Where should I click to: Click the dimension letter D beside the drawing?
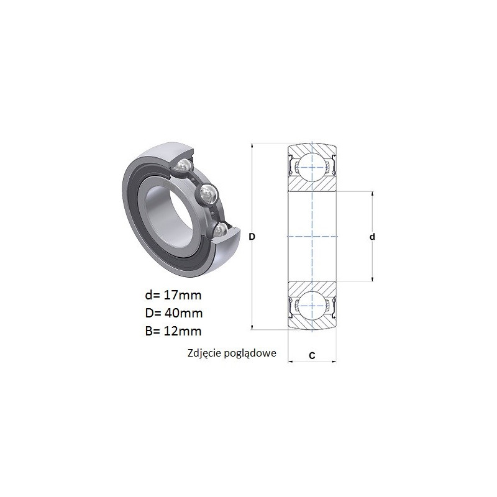[x=252, y=237]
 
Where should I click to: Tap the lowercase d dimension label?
[x=372, y=237]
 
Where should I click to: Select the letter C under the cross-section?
[x=312, y=355]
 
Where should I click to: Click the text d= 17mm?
[x=173, y=295]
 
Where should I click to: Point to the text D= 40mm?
[x=174, y=313]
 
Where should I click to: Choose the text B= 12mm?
[x=173, y=331]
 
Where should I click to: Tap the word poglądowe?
[x=250, y=353]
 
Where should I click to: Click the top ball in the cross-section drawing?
[x=312, y=167]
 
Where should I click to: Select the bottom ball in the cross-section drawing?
[x=312, y=306]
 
